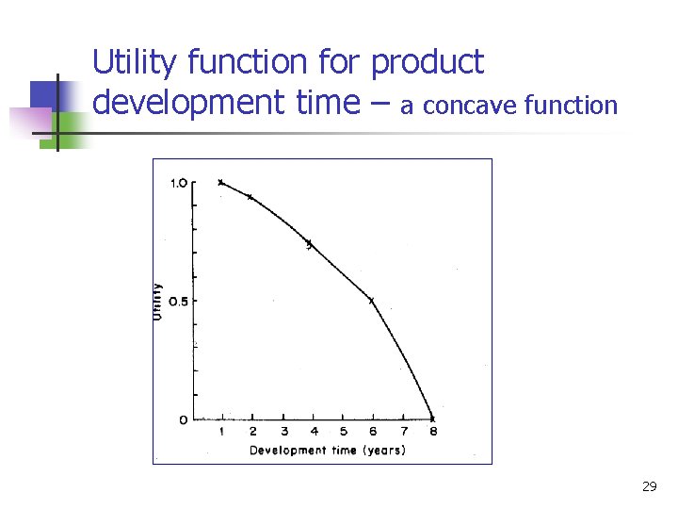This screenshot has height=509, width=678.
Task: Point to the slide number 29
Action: [649, 486]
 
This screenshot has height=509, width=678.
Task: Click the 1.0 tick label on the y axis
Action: [178, 183]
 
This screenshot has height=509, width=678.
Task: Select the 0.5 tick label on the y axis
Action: [178, 301]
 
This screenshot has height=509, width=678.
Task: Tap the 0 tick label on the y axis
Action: [183, 419]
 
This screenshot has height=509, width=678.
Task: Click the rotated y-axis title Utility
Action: [157, 301]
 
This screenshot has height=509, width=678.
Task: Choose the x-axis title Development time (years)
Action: [327, 450]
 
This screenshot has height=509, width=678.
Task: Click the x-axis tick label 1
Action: [222, 432]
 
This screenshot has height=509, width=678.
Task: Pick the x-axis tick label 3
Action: [283, 432]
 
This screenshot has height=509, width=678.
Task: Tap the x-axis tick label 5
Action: [343, 432]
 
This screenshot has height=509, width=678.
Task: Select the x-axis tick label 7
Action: [402, 432]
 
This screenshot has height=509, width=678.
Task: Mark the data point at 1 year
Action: [221, 182]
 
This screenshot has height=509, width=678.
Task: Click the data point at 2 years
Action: [250, 196]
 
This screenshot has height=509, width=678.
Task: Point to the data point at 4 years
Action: [309, 244]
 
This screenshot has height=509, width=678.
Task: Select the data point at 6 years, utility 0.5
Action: [371, 301]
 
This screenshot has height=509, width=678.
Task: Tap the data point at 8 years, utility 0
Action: [432, 419]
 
